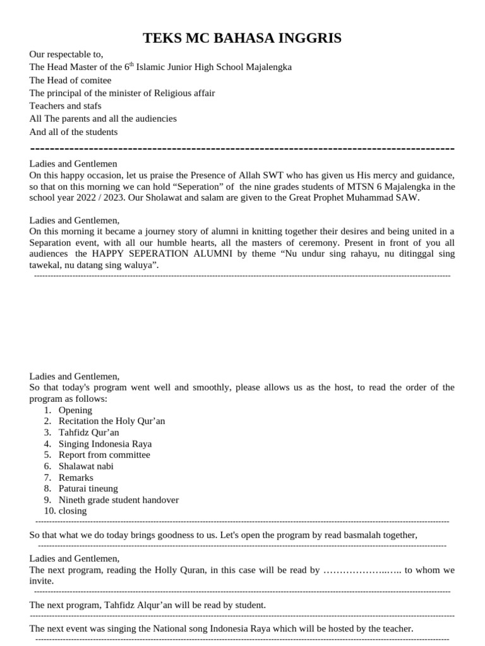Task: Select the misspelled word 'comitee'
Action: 95,80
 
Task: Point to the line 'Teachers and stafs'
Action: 65,105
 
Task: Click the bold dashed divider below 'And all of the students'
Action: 242,148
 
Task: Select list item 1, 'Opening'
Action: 75,410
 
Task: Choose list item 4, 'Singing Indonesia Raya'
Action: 105,443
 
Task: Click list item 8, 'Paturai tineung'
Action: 88,488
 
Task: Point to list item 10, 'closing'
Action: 72,511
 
